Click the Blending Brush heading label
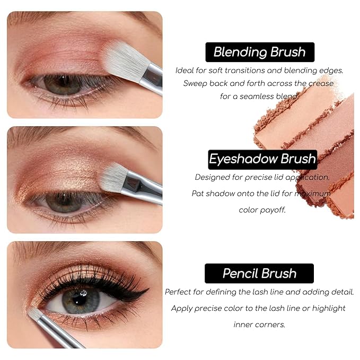pyautogui.click(x=259, y=52)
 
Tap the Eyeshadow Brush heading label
pyautogui.click(x=262, y=159)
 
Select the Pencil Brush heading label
pyautogui.click(x=259, y=274)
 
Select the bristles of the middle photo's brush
pyautogui.click(x=113, y=178)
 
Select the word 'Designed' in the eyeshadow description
pyautogui.click(x=213, y=177)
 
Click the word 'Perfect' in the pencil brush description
pyautogui.click(x=179, y=292)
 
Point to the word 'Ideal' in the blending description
pyautogui.click(x=185, y=70)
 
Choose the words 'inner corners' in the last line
pyautogui.click(x=259, y=324)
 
